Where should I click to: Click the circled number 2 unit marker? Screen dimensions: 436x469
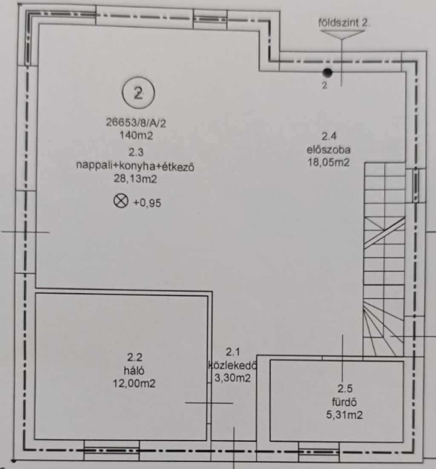point(138,93)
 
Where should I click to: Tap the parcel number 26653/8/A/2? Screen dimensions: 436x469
point(136,123)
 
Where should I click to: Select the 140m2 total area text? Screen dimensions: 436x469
point(136,135)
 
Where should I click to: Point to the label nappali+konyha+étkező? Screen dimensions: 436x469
point(135,166)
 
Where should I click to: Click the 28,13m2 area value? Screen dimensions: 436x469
point(135,179)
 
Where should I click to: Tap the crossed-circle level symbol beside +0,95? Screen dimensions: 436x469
point(121,201)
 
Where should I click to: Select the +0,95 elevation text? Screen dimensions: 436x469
point(147,203)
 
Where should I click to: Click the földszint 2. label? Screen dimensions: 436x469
point(344,23)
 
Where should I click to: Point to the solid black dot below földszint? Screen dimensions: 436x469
point(327,72)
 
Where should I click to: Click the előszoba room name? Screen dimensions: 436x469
point(329,149)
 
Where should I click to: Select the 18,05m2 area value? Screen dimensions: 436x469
point(329,163)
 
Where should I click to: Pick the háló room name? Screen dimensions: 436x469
point(134,370)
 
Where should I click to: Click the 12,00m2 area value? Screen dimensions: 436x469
point(134,383)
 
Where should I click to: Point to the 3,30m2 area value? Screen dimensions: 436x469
point(232,378)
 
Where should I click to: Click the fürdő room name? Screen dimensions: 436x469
point(344,402)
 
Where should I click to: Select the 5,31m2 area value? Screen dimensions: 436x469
point(344,415)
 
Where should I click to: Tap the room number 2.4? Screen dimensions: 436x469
point(329,136)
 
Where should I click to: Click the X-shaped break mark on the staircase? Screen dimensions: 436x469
point(384,232)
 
